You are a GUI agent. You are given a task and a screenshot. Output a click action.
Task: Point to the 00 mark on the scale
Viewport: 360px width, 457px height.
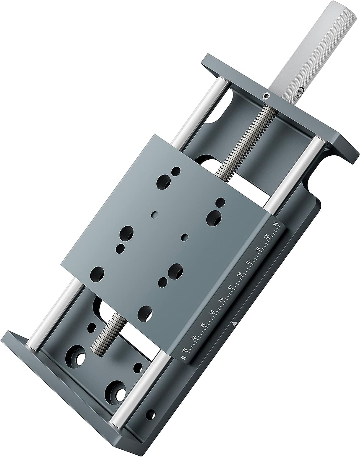[276, 224]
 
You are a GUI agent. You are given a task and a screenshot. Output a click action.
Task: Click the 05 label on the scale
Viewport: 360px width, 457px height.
[266, 236]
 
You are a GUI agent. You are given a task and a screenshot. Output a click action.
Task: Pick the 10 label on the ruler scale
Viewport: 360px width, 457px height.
[258, 249]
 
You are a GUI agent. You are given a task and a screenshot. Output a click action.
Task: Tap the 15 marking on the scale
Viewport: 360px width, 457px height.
[248, 262]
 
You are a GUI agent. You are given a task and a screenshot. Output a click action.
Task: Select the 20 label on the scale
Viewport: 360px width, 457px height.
[240, 275]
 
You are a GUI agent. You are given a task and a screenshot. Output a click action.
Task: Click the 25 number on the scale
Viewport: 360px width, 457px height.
[230, 287]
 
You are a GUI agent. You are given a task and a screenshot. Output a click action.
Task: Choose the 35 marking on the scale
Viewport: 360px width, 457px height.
[212, 313]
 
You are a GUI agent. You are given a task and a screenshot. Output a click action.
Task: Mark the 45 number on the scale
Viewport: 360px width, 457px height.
[194, 338]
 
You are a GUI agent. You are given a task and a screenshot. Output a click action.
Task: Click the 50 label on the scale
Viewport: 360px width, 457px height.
[184, 350]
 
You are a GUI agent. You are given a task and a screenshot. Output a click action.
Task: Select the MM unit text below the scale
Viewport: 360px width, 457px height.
[183, 357]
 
